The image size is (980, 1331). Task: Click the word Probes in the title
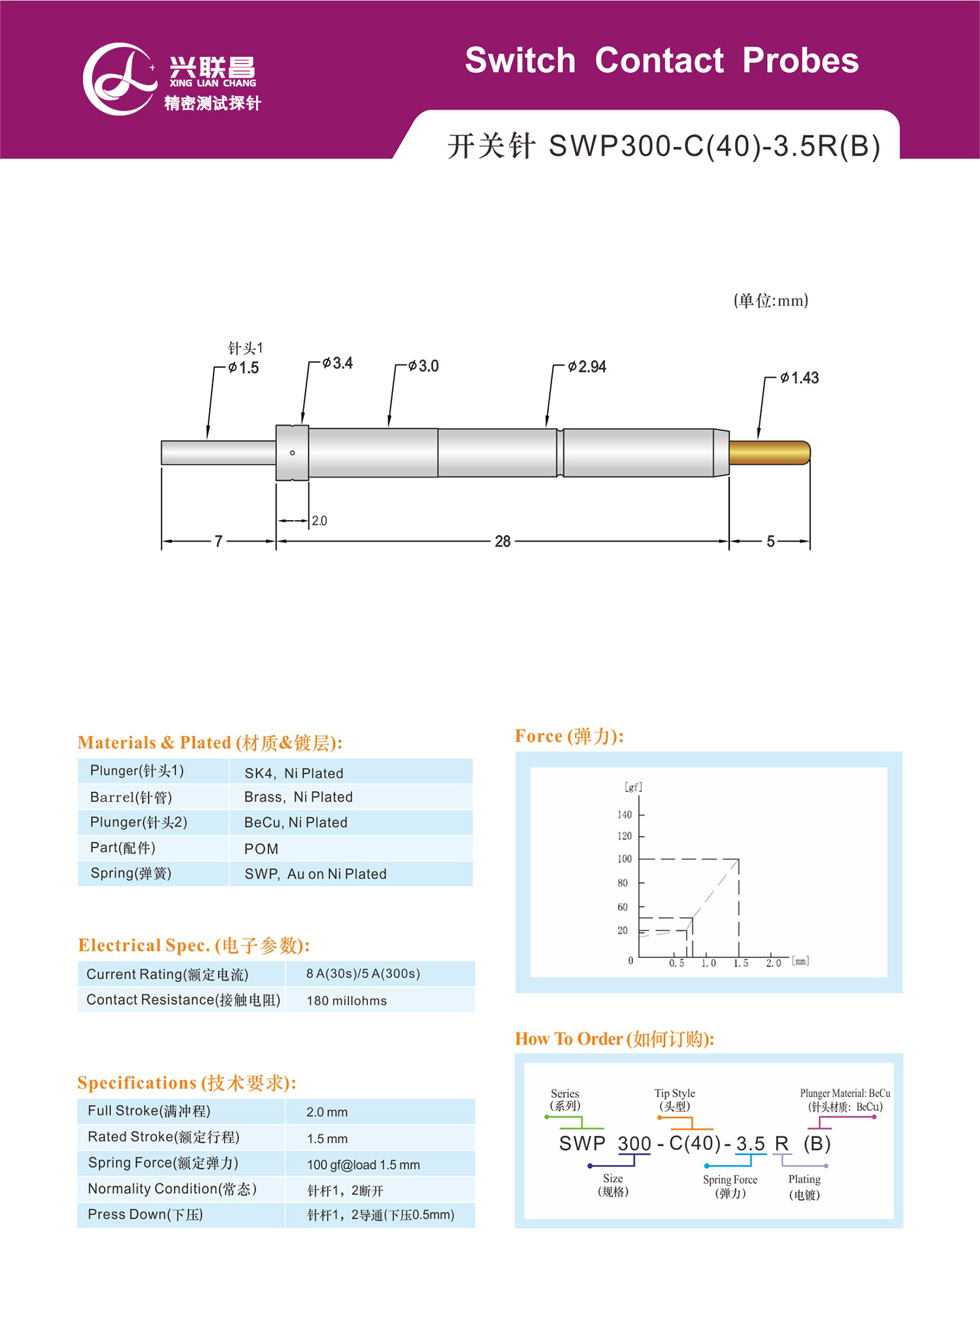tap(800, 61)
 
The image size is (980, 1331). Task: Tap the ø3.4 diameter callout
tap(337, 363)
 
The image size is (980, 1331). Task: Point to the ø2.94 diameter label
tap(587, 367)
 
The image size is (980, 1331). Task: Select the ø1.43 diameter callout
tap(800, 378)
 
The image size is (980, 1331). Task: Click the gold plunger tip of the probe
tap(770, 453)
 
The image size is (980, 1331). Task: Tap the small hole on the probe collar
tap(292, 453)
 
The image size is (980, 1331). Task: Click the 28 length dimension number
tap(502, 542)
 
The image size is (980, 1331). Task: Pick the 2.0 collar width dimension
tap(319, 521)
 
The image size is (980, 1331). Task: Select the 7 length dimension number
tap(219, 542)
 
